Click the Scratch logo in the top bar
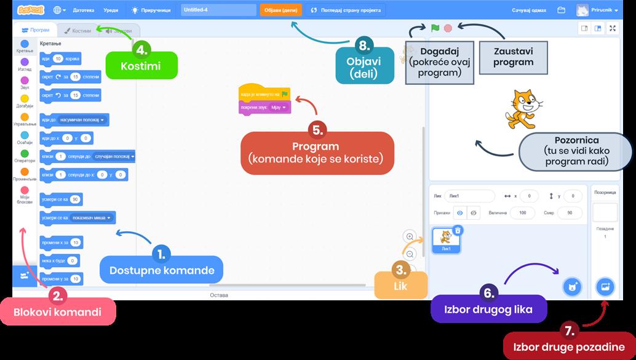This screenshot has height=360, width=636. [x=30, y=10]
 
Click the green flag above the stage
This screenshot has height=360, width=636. [x=435, y=28]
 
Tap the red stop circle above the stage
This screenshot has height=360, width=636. [x=448, y=28]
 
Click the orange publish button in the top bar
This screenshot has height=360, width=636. [x=281, y=10]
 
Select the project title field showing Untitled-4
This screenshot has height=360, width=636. [x=218, y=10]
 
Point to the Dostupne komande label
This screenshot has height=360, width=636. [x=161, y=270]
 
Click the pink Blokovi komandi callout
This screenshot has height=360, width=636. [x=58, y=311]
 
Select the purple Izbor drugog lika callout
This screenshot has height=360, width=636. [x=488, y=309]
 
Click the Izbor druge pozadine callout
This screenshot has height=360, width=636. [x=570, y=346]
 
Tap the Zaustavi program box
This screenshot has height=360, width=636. [x=513, y=57]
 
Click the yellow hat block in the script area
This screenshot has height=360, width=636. [x=263, y=94]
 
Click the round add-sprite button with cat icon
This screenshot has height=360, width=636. [x=572, y=286]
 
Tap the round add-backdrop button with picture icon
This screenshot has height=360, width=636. [x=605, y=287]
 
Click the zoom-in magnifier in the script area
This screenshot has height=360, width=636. [x=410, y=236]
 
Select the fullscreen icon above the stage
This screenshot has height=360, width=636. [x=612, y=28]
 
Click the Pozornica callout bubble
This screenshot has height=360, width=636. [x=576, y=152]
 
